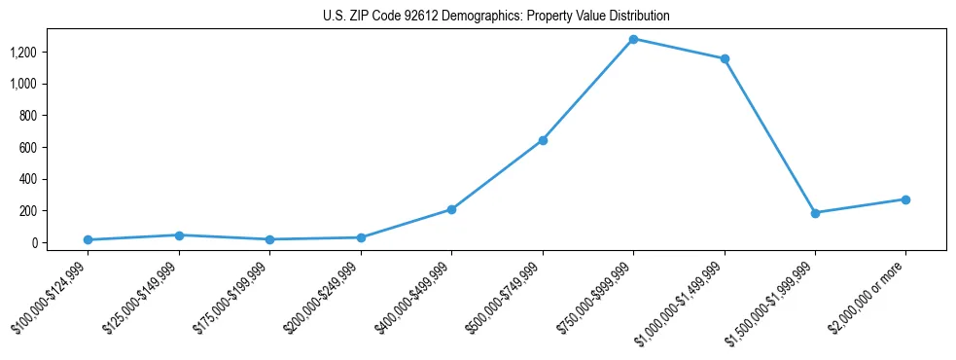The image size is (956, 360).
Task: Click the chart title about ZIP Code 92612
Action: click(x=496, y=17)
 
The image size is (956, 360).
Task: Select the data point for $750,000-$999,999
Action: click(x=633, y=39)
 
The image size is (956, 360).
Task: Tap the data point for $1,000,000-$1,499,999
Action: click(x=725, y=58)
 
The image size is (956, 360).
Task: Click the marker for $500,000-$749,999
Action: click(x=543, y=140)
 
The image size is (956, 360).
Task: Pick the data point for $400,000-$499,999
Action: click(x=451, y=209)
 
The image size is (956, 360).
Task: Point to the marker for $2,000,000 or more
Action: click(x=905, y=199)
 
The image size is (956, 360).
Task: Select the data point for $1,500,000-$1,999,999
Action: click(x=815, y=213)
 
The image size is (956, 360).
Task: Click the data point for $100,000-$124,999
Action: click(x=88, y=239)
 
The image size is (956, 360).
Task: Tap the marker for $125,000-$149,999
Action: click(x=179, y=235)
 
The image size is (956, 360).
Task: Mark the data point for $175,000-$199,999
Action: click(x=269, y=239)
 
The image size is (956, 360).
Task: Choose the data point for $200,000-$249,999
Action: click(x=361, y=237)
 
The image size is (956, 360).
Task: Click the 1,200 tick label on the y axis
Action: click(x=23, y=53)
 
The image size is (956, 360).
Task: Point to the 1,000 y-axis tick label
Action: click(x=23, y=84)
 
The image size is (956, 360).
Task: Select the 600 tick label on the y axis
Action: click(x=27, y=148)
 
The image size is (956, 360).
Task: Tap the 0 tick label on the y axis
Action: click(x=33, y=243)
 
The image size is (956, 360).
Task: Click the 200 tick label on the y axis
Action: click(x=27, y=211)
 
